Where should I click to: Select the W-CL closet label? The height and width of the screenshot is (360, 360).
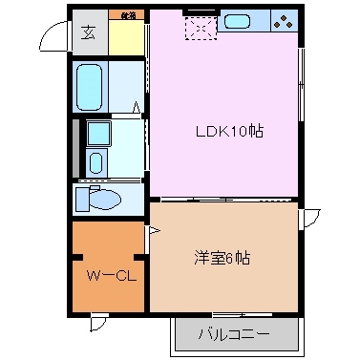click(x=107, y=277)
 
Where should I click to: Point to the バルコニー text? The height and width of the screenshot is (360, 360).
click(x=234, y=335)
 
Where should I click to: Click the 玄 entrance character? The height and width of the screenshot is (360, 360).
click(x=88, y=33)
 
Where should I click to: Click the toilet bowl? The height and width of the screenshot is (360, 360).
click(x=103, y=200)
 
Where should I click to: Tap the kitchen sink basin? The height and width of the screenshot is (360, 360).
click(x=238, y=22)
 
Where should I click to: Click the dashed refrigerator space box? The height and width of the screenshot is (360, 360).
click(x=202, y=30)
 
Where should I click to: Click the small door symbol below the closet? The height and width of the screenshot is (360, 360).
click(x=98, y=323)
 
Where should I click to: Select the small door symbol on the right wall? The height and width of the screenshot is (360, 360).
click(x=309, y=219)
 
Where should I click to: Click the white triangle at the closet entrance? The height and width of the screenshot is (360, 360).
click(x=151, y=230)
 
